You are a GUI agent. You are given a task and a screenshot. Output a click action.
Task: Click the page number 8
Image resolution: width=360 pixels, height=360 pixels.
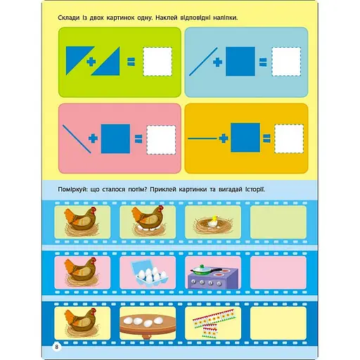[56, 347]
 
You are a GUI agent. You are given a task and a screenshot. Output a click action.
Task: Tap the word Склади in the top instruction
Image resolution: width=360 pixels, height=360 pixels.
[69, 18]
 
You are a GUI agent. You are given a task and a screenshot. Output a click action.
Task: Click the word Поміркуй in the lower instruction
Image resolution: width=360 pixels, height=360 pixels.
[72, 189]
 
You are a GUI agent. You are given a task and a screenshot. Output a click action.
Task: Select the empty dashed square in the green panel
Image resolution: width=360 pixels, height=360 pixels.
[157, 62]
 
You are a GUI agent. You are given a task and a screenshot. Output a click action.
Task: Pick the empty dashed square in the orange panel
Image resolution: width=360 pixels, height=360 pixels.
[289, 139]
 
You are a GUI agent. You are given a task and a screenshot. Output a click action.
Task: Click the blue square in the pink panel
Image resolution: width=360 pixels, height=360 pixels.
[115, 139]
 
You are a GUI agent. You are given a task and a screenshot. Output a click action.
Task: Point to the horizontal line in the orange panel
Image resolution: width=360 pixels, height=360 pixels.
[202, 139]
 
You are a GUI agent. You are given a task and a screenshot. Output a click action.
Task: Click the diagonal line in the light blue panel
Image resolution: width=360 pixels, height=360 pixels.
[203, 62]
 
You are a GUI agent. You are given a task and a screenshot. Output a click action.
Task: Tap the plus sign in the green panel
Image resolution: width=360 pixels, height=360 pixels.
[91, 62]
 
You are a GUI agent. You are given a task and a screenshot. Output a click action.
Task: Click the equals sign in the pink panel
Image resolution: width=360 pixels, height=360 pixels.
[139, 139]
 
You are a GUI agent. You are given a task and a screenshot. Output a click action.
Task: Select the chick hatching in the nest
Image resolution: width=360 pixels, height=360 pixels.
[214, 222]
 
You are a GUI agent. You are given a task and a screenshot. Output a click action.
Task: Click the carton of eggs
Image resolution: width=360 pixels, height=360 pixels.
[149, 272]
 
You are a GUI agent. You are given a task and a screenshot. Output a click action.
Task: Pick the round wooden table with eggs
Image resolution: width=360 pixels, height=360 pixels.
[148, 325]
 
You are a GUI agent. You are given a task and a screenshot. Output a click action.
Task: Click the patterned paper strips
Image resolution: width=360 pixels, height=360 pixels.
[214, 323]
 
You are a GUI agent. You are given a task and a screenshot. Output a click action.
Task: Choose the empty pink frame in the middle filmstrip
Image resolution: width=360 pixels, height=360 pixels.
[278, 272]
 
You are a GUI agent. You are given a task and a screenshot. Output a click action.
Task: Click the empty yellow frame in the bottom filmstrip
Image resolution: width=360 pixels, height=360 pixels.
[278, 323]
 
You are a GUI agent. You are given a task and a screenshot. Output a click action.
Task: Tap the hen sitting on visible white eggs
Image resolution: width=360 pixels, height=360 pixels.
[148, 220]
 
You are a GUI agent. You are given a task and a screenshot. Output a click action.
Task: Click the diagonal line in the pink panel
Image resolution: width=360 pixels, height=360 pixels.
[77, 139]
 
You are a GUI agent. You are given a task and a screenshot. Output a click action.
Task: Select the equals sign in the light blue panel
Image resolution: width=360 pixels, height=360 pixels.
[263, 62]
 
